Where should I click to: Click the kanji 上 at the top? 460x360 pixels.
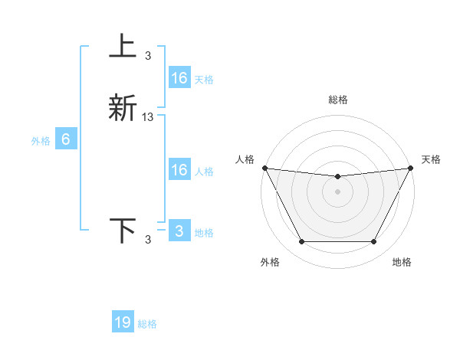tap(123, 47)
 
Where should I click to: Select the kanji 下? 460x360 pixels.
tap(123, 230)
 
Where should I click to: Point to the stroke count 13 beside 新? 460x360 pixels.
tap(148, 117)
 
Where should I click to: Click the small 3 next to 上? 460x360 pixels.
tap(148, 55)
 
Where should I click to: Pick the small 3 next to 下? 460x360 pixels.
tap(148, 240)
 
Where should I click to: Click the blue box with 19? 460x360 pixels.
tap(123, 322)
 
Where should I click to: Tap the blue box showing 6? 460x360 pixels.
tap(66, 139)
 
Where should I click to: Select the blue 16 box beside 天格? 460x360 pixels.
tap(179, 77)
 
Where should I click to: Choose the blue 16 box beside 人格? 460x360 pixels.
tap(179, 169)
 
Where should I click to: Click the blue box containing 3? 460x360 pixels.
tap(179, 231)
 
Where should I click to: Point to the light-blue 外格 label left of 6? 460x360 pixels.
tap(40, 141)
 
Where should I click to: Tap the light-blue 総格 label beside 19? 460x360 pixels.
tap(147, 324)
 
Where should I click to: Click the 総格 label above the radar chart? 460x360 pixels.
tap(337, 100)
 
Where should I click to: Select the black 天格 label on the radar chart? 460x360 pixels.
tap(431, 159)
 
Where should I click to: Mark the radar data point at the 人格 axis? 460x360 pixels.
tap(264, 168)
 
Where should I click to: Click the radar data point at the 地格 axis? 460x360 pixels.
tap(374, 242)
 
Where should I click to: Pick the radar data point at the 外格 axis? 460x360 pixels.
tap(301, 242)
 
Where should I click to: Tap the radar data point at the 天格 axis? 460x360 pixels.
tap(411, 168)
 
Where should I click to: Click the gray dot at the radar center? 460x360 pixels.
tap(337, 191)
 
